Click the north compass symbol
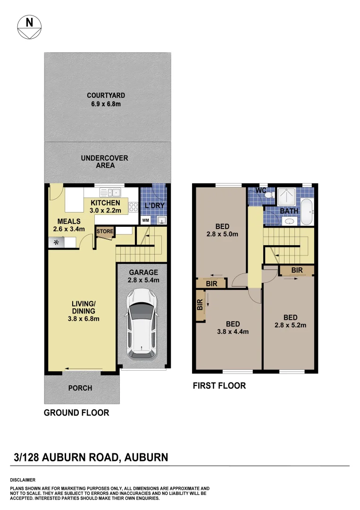pyautogui.click(x=29, y=27)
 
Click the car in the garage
pyautogui.click(x=142, y=323)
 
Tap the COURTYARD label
pyautogui.click(x=106, y=95)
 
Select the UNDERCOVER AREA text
pyautogui.click(x=104, y=161)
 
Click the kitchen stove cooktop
pyautogui.click(x=134, y=206)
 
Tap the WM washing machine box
pyautogui.click(x=146, y=220)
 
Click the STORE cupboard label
pyautogui.click(x=105, y=231)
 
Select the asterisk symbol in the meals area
pyautogui.click(x=56, y=243)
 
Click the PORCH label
pyautogui.click(x=80, y=388)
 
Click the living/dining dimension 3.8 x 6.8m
pyautogui.click(x=83, y=319)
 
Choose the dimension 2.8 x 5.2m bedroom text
pyautogui.click(x=290, y=325)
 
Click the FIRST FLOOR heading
pyautogui.click(x=219, y=386)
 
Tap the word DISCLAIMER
pyautogui.click(x=23, y=479)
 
